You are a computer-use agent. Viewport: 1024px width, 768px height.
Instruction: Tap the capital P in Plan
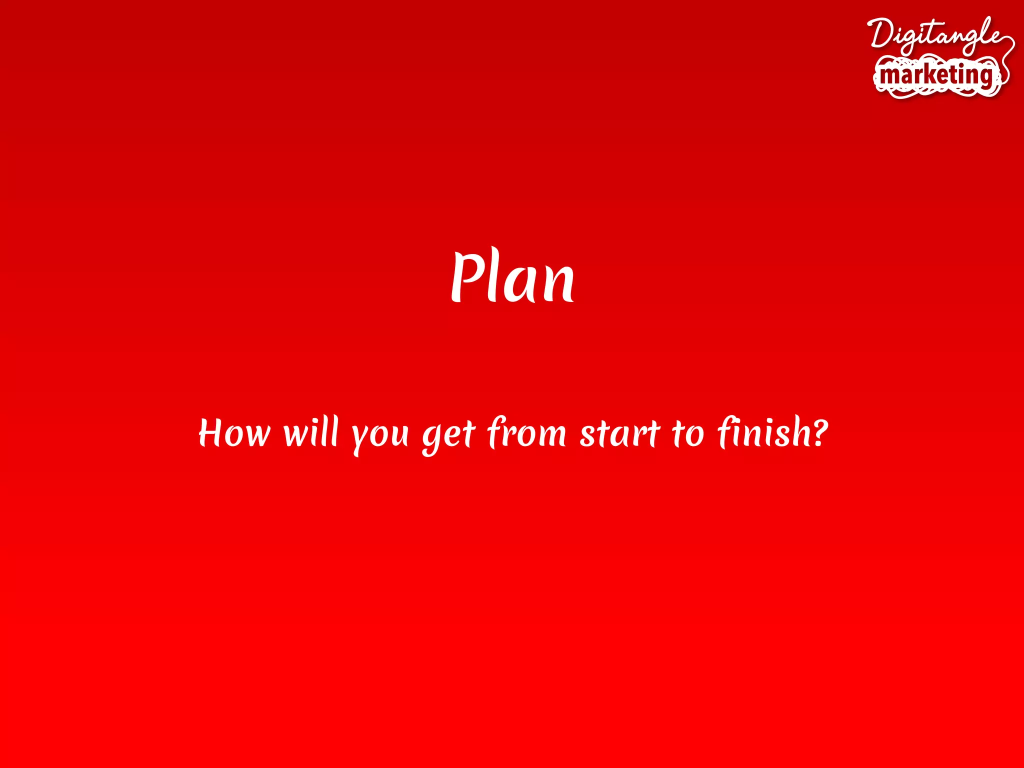pos(467,276)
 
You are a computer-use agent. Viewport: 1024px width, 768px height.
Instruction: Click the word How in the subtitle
pos(234,433)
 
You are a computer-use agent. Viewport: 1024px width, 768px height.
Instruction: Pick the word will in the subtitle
pos(311,432)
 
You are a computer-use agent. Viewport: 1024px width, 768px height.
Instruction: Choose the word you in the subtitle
pos(379,435)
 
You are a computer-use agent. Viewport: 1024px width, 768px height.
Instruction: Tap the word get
pos(448,435)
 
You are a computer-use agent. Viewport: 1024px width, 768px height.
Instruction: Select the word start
pos(620,433)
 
